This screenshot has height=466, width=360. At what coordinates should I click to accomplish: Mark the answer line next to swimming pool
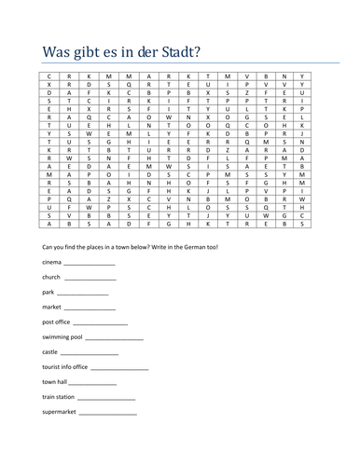115,337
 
